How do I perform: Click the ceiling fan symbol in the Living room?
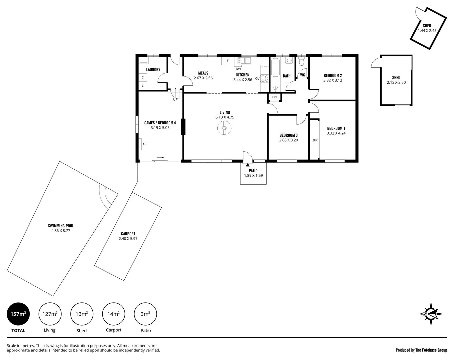pos(224,128)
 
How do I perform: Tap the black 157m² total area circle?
pos(18,314)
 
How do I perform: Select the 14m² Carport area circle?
pos(114,314)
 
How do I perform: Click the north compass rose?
pos(431,314)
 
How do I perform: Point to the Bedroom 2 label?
pos(333,76)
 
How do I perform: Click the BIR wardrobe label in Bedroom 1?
pos(315,140)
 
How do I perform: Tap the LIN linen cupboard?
pos(274,97)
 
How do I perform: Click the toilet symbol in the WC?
pos(302,62)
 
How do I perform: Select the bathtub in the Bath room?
pos(275,68)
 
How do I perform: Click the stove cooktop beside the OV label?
pos(265,79)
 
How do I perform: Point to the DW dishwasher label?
pos(238,69)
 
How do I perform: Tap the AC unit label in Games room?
pos(144,144)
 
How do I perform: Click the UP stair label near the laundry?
pos(175,99)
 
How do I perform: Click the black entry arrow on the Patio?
pos(248,164)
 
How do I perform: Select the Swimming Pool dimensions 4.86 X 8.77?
pos(61,231)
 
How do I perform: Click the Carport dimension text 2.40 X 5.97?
pos(128,239)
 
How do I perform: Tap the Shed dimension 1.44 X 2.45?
pos(427,30)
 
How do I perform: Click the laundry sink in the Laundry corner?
pos(144,60)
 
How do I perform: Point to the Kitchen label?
pos(243,75)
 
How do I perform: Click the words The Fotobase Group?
pos(431,350)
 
